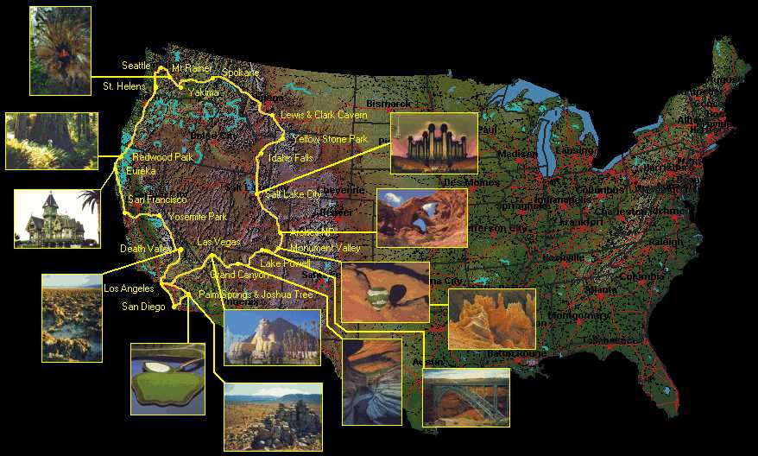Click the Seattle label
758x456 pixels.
[136, 66]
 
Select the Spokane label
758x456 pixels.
[240, 73]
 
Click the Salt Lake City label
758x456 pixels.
[294, 194]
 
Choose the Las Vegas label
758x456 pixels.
[218, 243]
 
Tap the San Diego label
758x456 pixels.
[142, 307]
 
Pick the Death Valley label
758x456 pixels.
[146, 249]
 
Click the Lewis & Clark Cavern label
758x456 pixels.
[324, 115]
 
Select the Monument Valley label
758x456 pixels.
[325, 249]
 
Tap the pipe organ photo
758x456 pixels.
[433, 142]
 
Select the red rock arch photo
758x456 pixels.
[421, 218]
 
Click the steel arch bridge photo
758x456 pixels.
[465, 398]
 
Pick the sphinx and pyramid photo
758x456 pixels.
[272, 338]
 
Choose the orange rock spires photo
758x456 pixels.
[491, 319]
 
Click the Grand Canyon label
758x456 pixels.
[240, 275]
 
